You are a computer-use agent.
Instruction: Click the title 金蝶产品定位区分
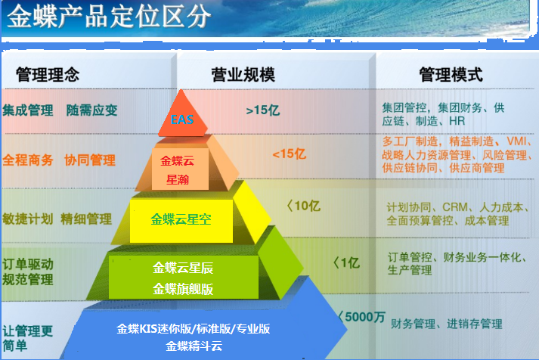109,16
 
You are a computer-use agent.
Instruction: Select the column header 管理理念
48,75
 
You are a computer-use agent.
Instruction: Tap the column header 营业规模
243,75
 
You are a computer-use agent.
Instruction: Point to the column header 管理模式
451,75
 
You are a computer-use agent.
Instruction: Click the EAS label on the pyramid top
182,119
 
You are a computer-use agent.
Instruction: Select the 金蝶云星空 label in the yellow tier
181,219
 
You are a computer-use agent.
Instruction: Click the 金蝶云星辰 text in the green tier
183,268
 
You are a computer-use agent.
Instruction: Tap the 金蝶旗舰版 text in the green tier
183,289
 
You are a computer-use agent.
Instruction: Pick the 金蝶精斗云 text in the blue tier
194,346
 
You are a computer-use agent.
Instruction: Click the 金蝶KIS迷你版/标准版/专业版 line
194,329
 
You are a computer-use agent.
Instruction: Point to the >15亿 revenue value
263,110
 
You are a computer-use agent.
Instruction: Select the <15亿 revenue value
289,154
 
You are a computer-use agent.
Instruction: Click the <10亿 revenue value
304,206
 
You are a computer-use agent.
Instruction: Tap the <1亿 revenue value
347,263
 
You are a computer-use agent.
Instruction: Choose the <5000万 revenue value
362,317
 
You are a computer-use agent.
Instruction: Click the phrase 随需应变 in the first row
91,110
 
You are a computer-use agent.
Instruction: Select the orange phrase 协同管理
90,160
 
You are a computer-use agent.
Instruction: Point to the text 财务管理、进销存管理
447,324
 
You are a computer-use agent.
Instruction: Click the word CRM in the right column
455,207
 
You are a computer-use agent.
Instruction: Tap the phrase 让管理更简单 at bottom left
28,338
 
